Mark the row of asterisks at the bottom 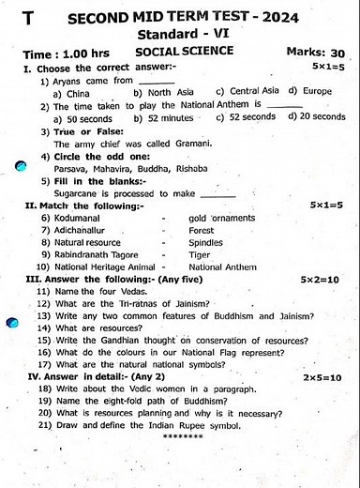pyautogui.click(x=182, y=438)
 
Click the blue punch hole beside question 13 pyautogui.click(x=10, y=323)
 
